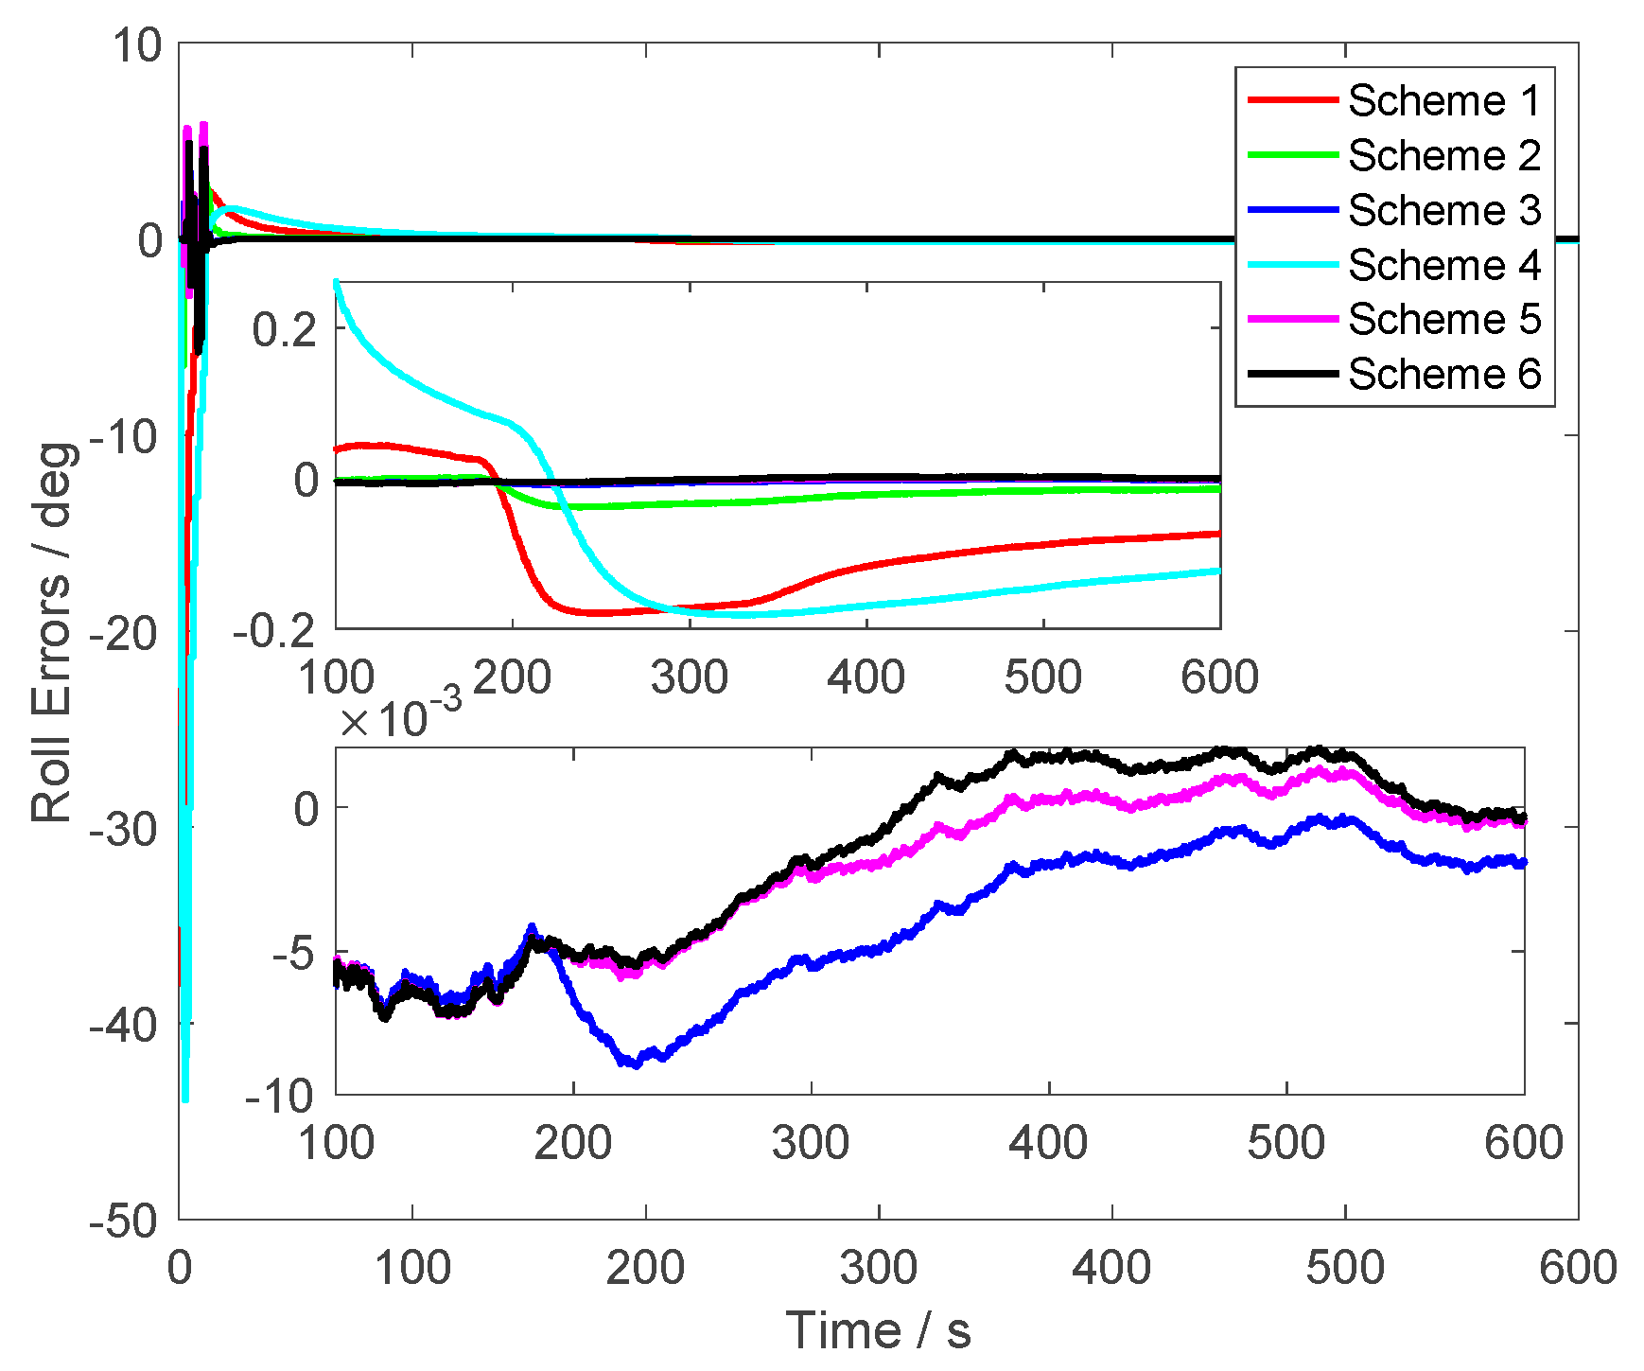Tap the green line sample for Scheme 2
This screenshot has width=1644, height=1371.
click(1293, 154)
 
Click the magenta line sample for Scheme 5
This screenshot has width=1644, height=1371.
click(1293, 319)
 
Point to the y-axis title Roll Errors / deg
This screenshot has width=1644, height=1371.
click(52, 632)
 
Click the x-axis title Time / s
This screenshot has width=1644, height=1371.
click(878, 1330)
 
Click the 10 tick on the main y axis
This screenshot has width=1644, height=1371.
click(138, 45)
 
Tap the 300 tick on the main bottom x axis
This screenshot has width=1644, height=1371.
click(879, 1267)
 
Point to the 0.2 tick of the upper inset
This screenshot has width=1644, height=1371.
click(284, 329)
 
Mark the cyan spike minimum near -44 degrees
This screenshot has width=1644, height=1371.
click(185, 1098)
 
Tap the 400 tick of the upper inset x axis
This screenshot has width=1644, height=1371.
click(866, 677)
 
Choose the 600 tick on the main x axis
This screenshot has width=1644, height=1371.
click(1577, 1267)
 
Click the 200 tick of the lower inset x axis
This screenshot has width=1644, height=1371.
click(573, 1143)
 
